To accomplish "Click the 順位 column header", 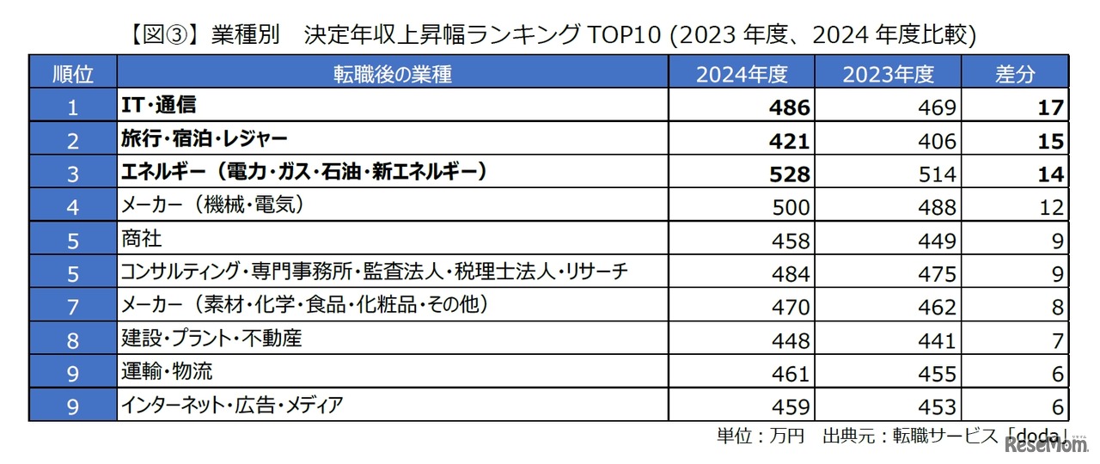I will tap(72, 74).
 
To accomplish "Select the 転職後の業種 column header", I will tap(392, 74).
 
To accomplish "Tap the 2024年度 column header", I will tap(742, 74).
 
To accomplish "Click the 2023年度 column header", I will tap(888, 74).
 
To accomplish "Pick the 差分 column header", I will tap(1015, 74).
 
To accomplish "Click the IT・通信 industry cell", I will tap(159, 106).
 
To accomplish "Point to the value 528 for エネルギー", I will tap(791, 174).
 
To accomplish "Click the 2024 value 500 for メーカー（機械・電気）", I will tap(791, 207).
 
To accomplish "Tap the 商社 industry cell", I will tap(142, 240).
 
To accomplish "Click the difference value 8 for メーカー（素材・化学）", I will tap(1057, 307).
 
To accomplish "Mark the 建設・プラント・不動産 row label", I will tap(211, 339).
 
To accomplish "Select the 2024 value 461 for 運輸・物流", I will tap(791, 374).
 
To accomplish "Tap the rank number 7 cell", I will tap(72, 307).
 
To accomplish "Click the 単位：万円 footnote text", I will tap(761, 436).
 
